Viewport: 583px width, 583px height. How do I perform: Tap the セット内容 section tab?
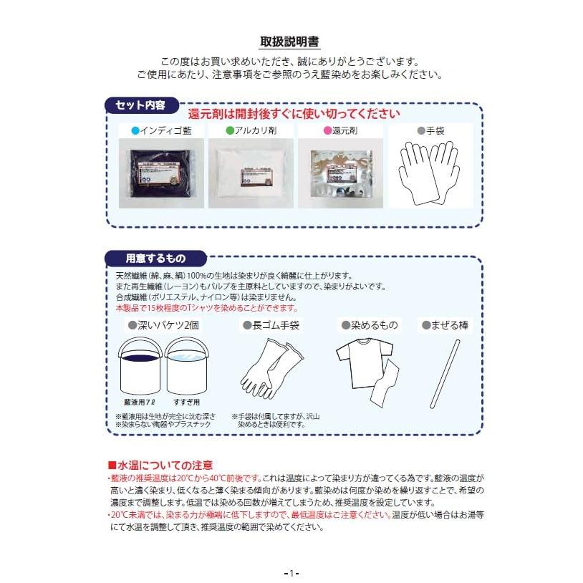(x=140, y=105)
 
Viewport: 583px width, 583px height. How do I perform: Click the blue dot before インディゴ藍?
(x=135, y=131)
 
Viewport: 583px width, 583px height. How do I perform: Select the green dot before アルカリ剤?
(x=230, y=131)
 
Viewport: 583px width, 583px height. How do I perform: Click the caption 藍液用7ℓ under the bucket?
(x=139, y=403)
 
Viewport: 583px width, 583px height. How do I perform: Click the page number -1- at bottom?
(x=291, y=573)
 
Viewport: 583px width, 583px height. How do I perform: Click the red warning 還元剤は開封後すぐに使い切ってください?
(x=294, y=113)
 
